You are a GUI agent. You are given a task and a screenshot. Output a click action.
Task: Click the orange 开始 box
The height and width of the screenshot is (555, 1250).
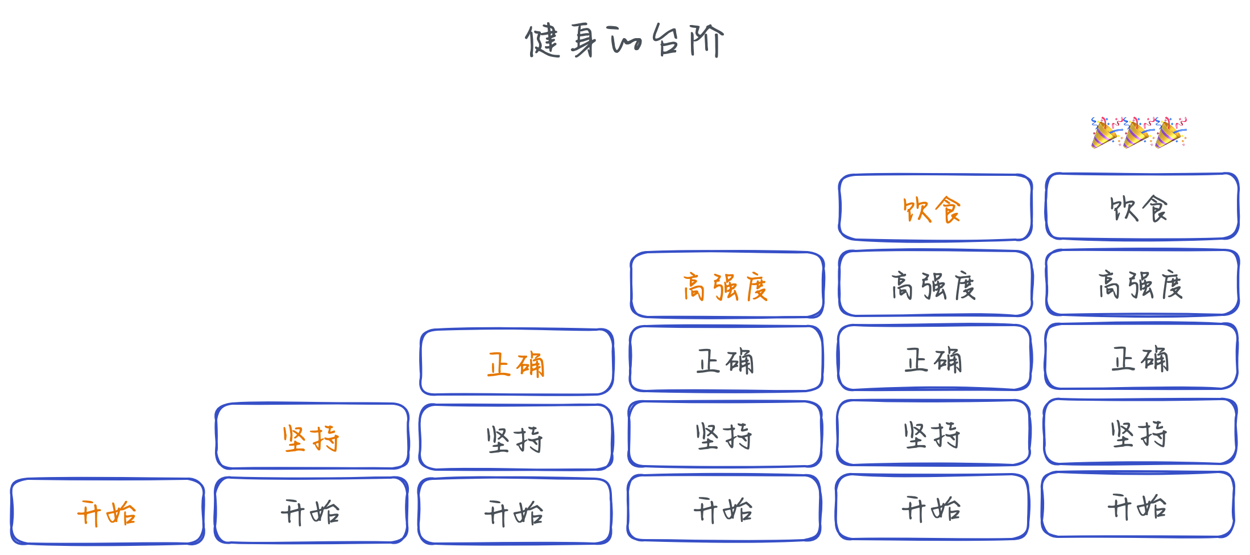(107, 511)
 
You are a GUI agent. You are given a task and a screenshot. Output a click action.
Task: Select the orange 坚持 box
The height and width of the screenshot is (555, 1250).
(312, 437)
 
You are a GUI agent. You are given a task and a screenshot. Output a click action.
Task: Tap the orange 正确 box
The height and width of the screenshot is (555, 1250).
(516, 363)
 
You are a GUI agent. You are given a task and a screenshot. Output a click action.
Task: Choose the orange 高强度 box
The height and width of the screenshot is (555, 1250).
(727, 285)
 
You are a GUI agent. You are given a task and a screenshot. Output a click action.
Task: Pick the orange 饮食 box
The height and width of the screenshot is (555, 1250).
(935, 208)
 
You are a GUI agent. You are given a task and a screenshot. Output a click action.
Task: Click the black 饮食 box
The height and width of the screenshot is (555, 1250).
(1141, 207)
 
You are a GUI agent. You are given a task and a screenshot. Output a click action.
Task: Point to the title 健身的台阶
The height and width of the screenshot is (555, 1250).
(624, 40)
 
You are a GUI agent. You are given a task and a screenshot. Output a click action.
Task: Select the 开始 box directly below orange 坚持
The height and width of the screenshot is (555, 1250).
(311, 511)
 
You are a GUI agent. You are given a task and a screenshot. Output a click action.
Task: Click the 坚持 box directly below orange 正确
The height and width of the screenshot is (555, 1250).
(516, 438)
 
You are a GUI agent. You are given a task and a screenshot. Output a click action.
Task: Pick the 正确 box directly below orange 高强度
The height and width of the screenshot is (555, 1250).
(726, 359)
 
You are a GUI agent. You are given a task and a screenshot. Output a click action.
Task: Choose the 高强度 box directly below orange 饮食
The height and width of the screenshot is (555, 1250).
(935, 283)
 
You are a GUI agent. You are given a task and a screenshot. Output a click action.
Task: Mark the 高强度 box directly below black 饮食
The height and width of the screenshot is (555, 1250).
(1141, 283)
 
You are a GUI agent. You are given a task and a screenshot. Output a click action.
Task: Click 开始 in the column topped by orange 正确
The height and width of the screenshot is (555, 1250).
(515, 511)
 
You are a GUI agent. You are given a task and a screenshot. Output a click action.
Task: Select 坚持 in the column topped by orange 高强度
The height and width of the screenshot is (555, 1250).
(725, 434)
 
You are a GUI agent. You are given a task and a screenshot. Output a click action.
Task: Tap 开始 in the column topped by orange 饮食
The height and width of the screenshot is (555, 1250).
(932, 507)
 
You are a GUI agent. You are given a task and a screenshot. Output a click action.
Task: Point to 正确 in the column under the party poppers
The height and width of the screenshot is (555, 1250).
(1141, 357)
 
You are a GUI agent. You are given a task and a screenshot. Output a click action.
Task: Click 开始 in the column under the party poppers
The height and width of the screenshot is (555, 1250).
(1137, 505)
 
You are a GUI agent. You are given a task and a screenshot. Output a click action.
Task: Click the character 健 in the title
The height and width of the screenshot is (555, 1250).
(543, 41)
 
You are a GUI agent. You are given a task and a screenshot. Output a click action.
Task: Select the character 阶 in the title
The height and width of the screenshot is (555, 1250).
(706, 40)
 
